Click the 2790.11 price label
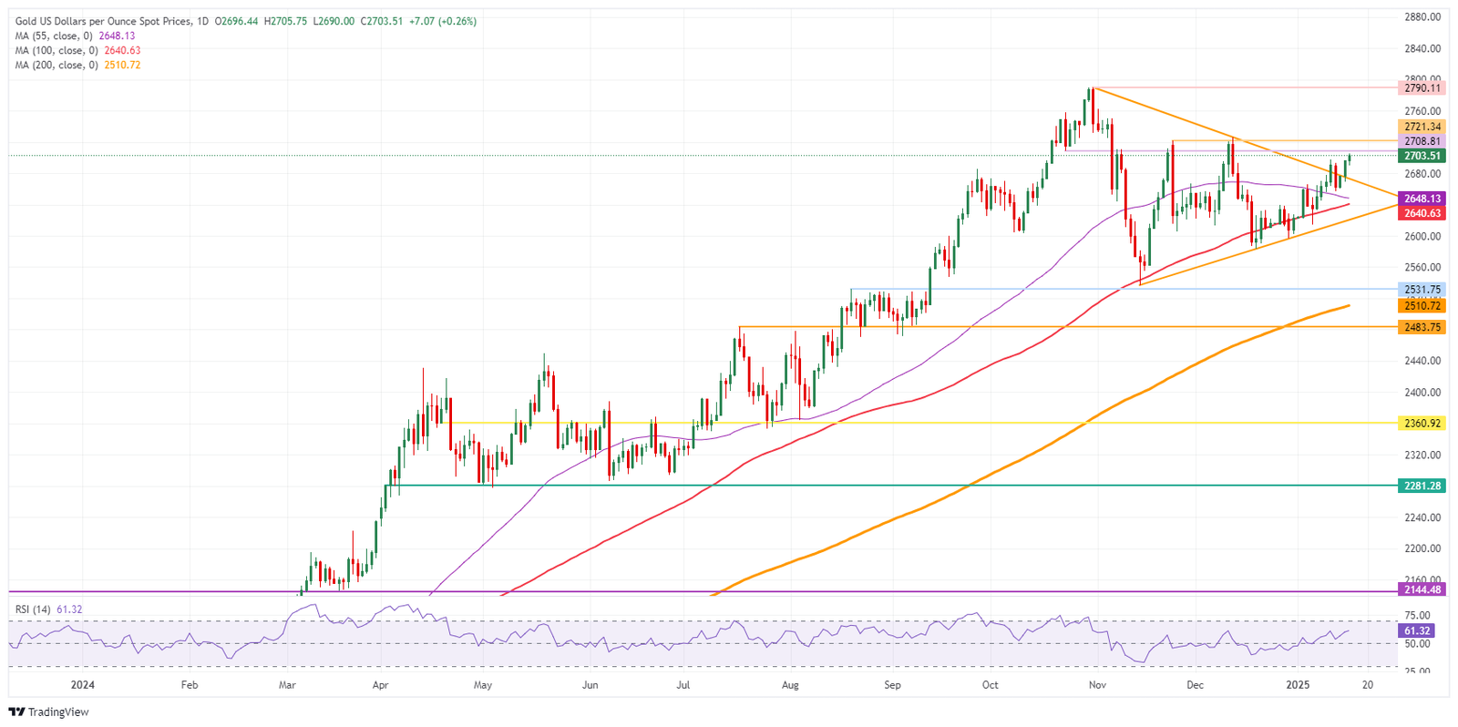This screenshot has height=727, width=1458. [x=1422, y=88]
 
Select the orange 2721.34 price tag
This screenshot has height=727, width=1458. [x=1422, y=127]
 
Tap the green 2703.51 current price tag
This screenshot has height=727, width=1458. [x=1422, y=156]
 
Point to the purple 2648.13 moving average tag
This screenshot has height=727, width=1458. [x=1422, y=199]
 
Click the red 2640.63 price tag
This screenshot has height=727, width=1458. [x=1422, y=213]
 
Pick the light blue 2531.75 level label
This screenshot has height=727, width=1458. [x=1422, y=290]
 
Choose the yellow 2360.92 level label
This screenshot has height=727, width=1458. [x=1422, y=424]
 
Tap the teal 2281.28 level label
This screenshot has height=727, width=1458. [x=1422, y=486]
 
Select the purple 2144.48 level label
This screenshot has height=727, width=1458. [x=1422, y=589]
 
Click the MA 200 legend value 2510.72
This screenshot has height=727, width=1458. [x=122, y=66]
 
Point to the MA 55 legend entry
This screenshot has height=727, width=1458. [x=55, y=36]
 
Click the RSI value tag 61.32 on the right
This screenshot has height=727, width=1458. [x=1417, y=630]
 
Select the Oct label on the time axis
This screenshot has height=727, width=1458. [x=990, y=685]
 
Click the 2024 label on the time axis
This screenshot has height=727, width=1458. [x=82, y=685]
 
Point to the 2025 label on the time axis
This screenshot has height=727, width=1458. [x=1298, y=685]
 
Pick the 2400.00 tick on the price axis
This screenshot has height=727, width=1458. [x=1422, y=393]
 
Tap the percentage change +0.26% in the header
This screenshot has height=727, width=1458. [x=458, y=21]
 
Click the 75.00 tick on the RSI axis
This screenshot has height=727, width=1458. [x=1418, y=616]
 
